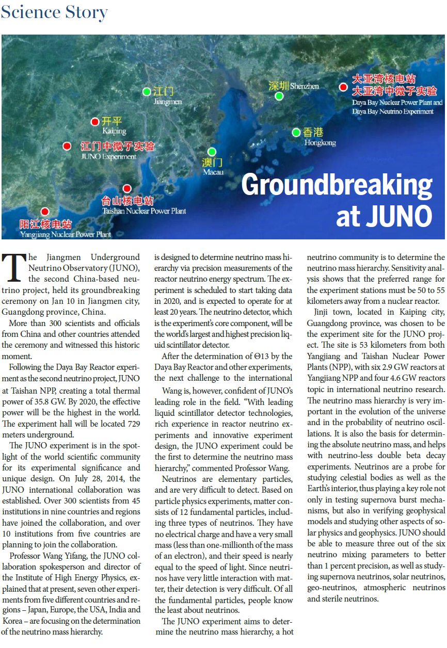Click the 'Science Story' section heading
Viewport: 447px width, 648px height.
coord(54,12)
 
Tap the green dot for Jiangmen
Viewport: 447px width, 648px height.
coord(147,92)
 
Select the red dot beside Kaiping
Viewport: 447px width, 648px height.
coord(94,122)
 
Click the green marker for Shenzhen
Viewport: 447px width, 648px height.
coord(279,96)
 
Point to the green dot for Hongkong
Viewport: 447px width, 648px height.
coord(296,133)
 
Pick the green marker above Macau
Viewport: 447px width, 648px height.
coord(212,152)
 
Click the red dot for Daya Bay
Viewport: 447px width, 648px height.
coord(343,87)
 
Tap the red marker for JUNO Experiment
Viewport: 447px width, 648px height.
coord(67,147)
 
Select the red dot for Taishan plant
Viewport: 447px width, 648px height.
coord(127,189)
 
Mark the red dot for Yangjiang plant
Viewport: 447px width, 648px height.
coord(45,212)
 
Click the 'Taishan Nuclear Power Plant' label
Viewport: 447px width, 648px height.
coord(144,211)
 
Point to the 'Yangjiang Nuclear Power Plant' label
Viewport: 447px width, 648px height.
coord(66,235)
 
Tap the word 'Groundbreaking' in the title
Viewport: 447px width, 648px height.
coord(337,184)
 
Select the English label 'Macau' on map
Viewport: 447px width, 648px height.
coord(213,172)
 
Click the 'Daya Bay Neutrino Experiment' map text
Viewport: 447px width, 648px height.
coord(393,111)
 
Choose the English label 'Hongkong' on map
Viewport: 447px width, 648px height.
coord(320,142)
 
